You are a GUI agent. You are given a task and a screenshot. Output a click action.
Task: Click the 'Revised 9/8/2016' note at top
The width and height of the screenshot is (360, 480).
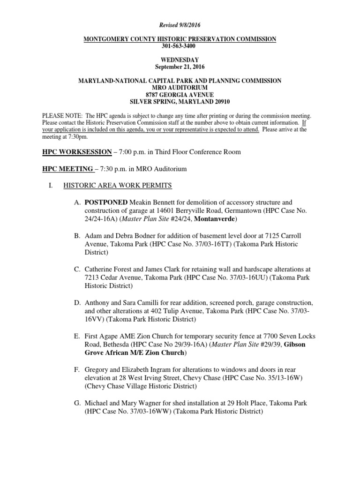point(180,24)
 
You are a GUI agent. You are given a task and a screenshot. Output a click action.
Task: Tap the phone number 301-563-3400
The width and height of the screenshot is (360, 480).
point(180,46)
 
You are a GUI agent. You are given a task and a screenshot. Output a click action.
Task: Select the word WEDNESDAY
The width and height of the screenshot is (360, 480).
point(180,60)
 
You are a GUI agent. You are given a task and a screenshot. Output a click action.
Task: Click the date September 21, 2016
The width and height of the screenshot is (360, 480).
point(180,67)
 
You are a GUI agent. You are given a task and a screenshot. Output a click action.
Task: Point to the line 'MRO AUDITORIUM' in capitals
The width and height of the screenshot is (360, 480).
point(180,88)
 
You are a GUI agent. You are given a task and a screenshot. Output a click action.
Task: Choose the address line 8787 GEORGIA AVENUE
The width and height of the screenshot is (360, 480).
point(180,95)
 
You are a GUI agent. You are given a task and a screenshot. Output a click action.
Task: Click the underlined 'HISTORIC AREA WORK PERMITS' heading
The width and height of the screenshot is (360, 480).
point(118,186)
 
